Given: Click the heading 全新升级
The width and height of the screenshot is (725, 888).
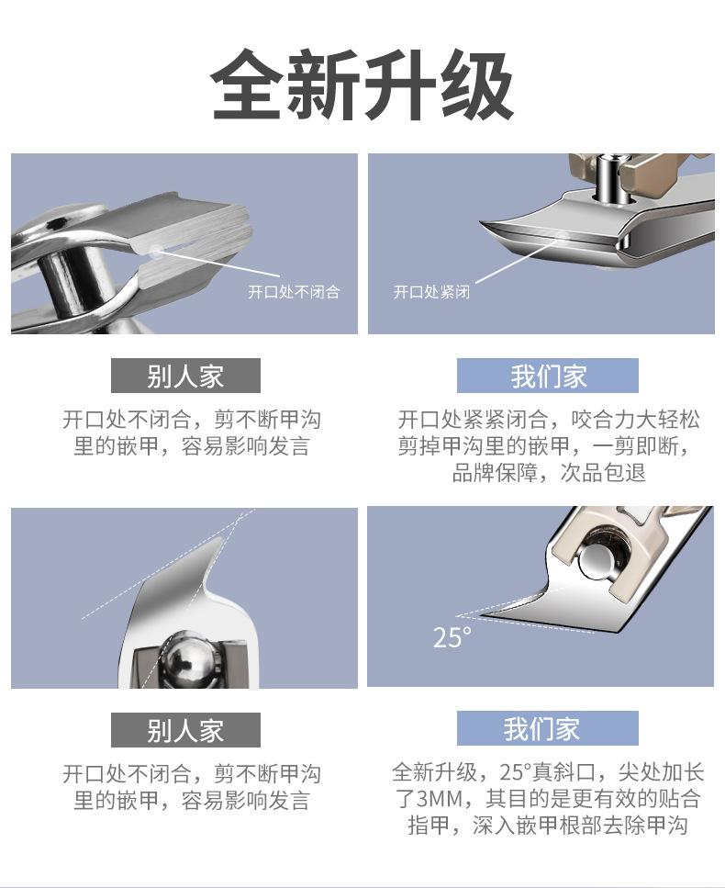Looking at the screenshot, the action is click(362, 84).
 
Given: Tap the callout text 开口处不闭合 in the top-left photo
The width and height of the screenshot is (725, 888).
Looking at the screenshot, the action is click(294, 292).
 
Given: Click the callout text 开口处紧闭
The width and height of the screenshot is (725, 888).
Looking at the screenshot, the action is click(432, 292).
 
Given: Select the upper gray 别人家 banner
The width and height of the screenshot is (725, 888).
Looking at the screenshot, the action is click(185, 376).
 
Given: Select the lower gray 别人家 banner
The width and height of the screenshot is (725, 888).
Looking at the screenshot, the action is click(185, 729).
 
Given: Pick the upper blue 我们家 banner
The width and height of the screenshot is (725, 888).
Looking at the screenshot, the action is click(548, 376).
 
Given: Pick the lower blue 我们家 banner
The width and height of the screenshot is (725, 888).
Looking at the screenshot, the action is click(548, 728).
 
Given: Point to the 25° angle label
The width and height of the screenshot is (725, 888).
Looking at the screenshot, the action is click(452, 637).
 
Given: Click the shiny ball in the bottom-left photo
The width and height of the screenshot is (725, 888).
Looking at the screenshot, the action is click(188, 659).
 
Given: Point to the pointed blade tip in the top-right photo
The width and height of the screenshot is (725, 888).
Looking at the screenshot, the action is click(482, 223).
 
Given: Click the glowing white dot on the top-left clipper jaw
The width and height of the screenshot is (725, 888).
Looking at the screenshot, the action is click(155, 249).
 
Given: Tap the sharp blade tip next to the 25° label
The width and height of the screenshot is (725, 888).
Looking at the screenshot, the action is click(458, 615).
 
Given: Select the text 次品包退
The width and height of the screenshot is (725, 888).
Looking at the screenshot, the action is click(603, 472).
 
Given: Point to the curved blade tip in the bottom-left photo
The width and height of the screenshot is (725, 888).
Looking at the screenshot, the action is click(221, 539).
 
